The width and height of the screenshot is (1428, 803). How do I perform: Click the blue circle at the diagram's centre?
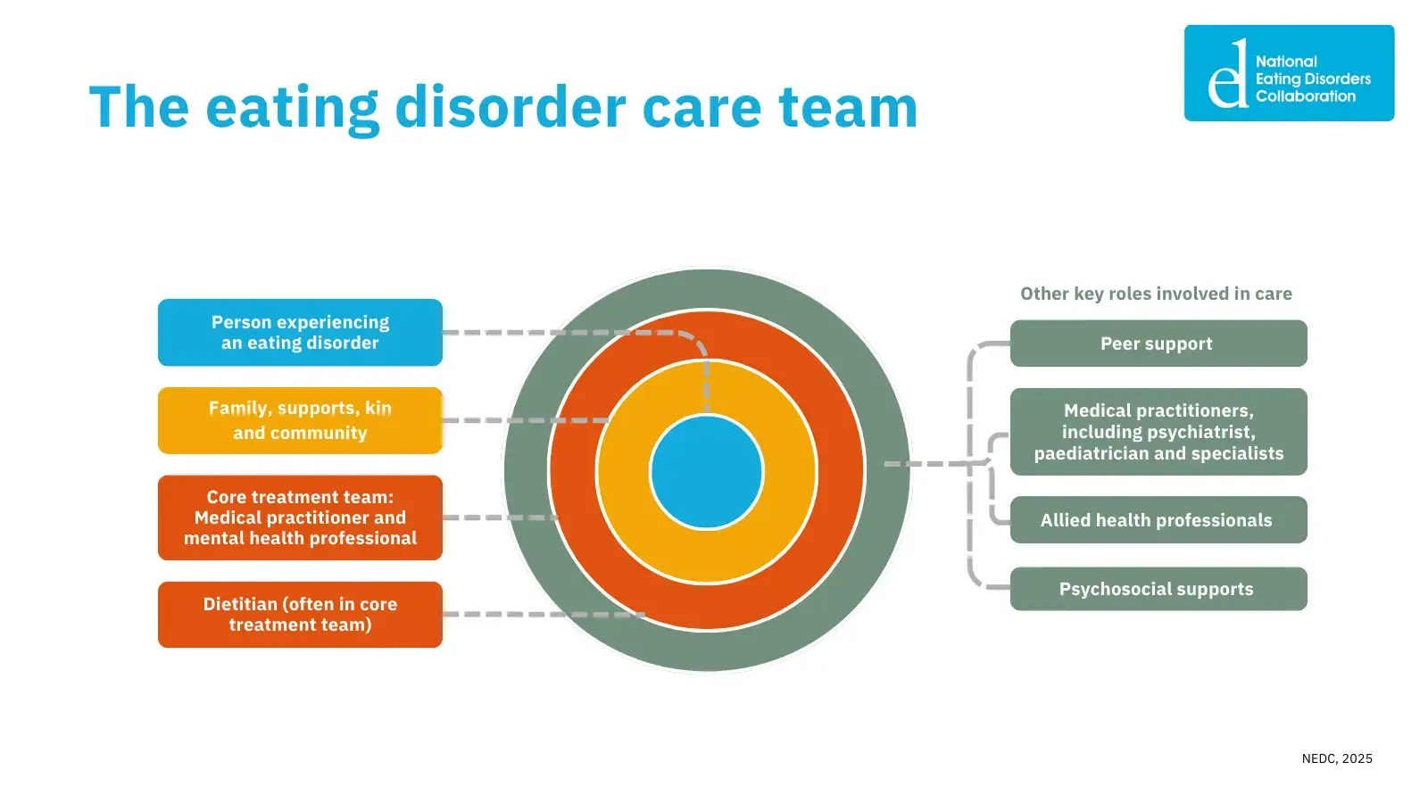[707, 471]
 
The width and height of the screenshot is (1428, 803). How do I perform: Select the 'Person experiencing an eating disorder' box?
[300, 333]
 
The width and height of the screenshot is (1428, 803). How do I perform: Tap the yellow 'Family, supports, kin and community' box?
[300, 420]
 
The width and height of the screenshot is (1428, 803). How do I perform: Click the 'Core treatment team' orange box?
[300, 517]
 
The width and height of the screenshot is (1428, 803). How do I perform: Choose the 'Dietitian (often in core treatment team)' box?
[300, 615]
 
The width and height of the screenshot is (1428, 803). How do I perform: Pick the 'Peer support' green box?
[1158, 344]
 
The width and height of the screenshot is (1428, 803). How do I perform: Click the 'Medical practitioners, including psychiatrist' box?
[1158, 432]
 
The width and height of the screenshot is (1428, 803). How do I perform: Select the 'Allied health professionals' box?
[1158, 520]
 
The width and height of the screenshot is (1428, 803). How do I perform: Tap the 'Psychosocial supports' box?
[1158, 589]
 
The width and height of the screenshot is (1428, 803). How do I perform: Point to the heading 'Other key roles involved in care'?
[1156, 294]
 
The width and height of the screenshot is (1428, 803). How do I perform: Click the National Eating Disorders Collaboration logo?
[1289, 73]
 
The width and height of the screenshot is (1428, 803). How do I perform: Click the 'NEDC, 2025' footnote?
[1337, 758]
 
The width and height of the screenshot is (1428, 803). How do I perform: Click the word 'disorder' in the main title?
[511, 107]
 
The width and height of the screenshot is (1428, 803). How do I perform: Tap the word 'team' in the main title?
[848, 107]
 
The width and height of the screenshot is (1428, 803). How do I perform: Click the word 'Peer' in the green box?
[1120, 344]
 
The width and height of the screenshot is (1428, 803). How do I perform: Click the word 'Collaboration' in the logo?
[1306, 96]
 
